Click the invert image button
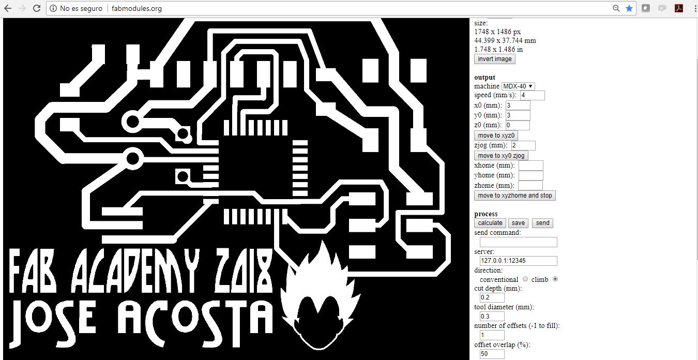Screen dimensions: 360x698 coord(494,59)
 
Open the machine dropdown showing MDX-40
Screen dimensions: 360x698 coord(518,86)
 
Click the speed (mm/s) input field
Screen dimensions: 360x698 coord(532,96)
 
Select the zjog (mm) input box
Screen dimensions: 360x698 coord(523,146)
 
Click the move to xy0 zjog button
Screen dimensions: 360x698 coord(501,156)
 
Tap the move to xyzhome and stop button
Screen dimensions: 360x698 coord(514,196)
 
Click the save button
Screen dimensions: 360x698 coord(518,223)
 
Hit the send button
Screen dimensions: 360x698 coord(542,223)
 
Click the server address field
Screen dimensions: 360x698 coord(518,261)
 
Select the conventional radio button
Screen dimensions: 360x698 coord(525,279)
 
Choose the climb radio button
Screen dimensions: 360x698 coord(555,279)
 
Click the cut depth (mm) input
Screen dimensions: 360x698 coord(492,297)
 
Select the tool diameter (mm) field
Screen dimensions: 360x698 coord(492,316)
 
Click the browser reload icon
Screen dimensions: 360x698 coord(37,8)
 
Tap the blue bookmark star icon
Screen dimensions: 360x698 coord(629,8)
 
